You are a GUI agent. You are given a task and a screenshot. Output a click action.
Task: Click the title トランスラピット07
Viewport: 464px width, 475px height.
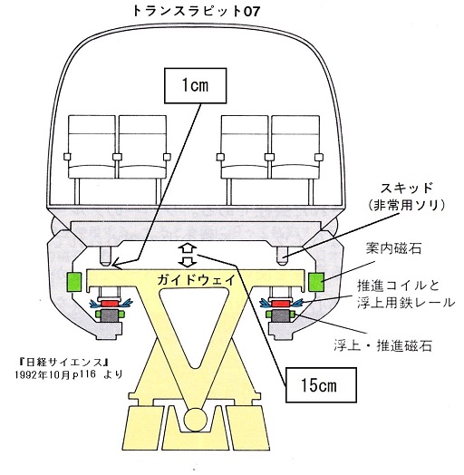click(196, 12)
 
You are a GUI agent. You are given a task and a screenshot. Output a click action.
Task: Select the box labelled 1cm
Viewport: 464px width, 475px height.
click(196, 86)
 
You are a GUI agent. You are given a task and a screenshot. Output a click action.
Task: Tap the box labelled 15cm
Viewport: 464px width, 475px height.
click(321, 385)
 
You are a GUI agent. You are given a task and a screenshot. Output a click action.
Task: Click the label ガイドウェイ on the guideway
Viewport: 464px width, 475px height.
click(196, 279)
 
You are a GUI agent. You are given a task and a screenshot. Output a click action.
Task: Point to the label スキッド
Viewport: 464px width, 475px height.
click(406, 189)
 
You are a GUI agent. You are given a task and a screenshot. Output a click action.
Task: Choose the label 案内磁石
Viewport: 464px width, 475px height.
click(393, 248)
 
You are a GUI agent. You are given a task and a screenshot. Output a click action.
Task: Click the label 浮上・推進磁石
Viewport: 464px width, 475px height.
click(382, 345)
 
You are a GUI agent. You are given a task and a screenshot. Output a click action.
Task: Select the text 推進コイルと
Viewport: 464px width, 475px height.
click(398, 286)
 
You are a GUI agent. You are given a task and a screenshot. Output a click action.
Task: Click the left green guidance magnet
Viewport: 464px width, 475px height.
click(74, 282)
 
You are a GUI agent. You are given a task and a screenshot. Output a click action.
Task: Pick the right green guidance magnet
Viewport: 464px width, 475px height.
click(316, 282)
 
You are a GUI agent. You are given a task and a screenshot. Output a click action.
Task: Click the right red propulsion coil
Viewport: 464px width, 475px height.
click(281, 303)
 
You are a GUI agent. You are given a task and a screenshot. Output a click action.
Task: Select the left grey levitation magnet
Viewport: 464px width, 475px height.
click(109, 315)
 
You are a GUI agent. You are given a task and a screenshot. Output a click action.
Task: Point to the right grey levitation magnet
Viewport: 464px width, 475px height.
click(281, 315)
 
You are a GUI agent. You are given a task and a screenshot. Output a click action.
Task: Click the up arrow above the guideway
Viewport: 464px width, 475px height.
click(188, 249)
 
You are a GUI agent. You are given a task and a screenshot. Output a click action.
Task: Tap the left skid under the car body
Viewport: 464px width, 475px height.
click(106, 256)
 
